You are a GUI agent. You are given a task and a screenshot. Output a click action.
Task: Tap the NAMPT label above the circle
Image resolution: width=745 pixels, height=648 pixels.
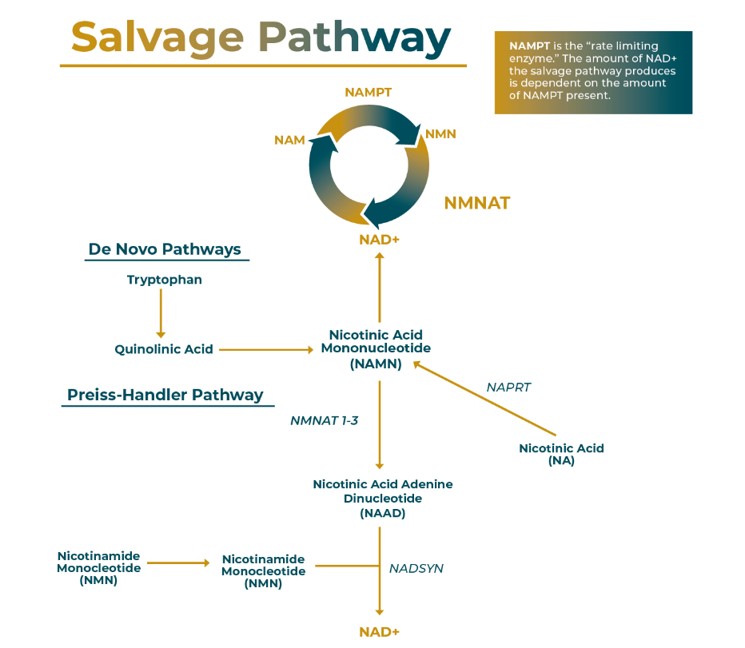(368, 92)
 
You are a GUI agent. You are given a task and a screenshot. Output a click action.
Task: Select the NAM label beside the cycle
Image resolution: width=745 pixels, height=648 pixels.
(289, 140)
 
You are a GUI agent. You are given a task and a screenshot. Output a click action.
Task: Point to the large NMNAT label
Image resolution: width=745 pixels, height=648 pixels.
(476, 203)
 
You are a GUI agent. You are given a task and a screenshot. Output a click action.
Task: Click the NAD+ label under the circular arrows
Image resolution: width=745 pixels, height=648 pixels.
(379, 240)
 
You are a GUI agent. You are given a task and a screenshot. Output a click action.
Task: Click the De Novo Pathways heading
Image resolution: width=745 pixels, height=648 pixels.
(165, 249)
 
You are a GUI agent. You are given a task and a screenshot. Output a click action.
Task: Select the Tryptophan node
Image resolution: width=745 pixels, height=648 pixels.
(164, 280)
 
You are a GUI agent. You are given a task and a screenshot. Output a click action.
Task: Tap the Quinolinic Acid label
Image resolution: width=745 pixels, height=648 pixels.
(164, 349)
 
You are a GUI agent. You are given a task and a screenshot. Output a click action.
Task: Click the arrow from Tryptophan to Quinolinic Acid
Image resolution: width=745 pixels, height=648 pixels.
(161, 313)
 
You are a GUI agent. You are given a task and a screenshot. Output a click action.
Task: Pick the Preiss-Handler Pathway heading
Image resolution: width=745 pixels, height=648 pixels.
(165, 395)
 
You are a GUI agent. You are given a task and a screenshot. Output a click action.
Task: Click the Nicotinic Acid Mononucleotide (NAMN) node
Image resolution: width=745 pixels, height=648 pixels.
(376, 349)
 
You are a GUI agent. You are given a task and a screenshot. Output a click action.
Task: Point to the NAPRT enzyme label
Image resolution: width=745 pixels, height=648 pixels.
(508, 388)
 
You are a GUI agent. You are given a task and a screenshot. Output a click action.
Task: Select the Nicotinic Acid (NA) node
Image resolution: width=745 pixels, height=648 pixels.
(561, 454)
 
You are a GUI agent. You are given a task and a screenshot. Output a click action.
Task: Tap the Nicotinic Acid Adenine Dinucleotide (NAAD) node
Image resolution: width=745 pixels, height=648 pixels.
(382, 499)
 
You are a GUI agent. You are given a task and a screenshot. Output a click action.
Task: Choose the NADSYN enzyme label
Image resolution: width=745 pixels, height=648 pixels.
(416, 569)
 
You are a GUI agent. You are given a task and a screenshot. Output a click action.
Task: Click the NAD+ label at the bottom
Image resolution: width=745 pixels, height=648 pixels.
(379, 632)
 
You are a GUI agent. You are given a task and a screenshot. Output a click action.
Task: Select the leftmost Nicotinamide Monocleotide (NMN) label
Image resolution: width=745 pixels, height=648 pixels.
(98, 568)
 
